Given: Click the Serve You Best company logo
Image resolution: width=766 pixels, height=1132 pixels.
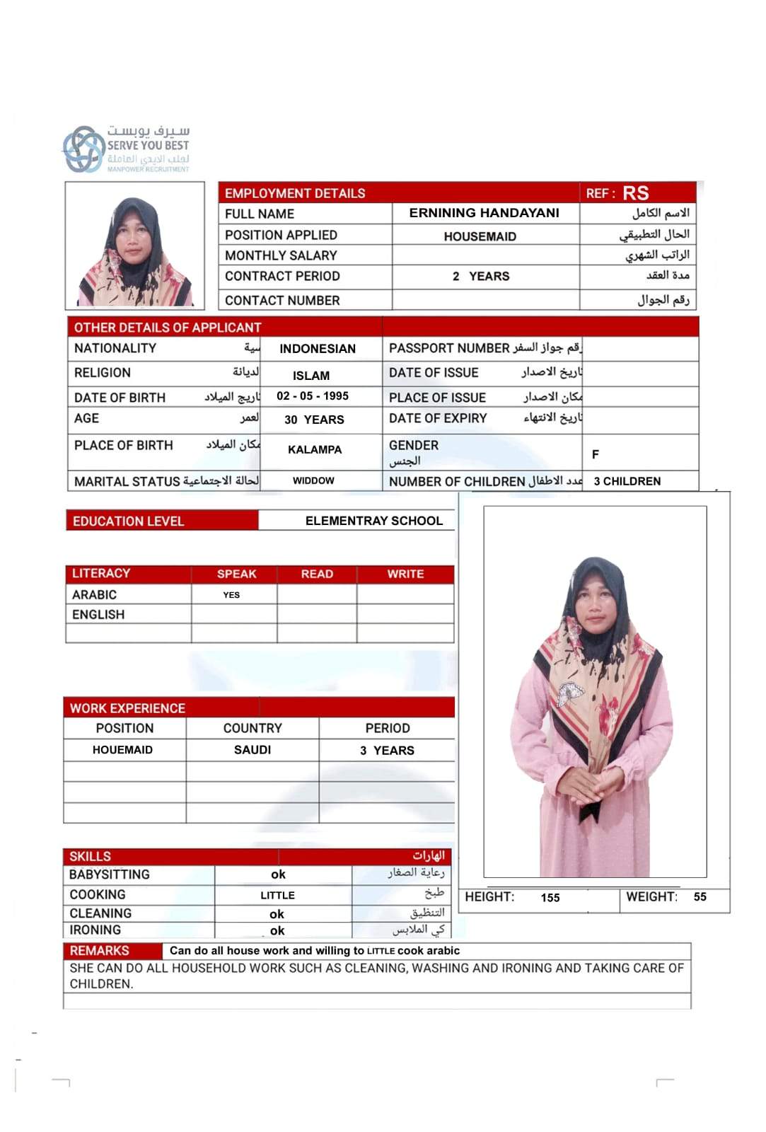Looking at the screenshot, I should [x=126, y=149].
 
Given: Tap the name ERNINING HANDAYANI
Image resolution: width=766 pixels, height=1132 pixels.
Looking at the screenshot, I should [x=484, y=213].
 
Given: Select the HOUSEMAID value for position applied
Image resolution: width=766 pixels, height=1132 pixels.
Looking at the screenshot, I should [x=480, y=236].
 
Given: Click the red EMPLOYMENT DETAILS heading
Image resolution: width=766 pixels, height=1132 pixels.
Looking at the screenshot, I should [x=295, y=193].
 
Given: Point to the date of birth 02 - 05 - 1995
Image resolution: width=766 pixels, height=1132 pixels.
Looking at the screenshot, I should [x=312, y=396].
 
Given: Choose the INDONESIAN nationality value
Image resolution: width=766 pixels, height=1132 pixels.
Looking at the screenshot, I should [x=317, y=349].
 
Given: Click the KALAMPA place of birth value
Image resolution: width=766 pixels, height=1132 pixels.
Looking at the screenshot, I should [x=314, y=449].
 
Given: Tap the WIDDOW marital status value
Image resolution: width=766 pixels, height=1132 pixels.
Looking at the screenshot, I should [x=313, y=480].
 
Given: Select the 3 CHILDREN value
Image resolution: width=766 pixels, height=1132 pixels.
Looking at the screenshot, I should [x=627, y=481].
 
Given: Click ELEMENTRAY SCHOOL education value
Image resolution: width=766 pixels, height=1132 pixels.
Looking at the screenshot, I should [x=373, y=521].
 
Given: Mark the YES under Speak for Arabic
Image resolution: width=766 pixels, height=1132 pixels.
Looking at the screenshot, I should [x=231, y=595].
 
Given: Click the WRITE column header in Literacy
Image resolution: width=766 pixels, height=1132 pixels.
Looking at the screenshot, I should [x=405, y=574].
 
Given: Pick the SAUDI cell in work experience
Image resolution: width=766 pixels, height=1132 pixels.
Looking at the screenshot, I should [x=253, y=750].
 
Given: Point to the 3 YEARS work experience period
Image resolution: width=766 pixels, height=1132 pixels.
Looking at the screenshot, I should [x=387, y=751].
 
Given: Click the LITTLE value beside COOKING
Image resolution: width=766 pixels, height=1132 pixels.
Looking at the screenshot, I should [x=277, y=896].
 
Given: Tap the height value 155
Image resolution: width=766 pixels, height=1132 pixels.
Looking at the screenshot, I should [x=550, y=898].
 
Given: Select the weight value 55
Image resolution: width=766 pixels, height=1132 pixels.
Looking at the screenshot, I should [x=700, y=897].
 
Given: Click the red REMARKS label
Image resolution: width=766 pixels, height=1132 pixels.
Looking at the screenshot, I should [x=99, y=951].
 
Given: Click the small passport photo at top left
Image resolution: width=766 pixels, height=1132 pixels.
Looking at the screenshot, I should [x=134, y=246].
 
